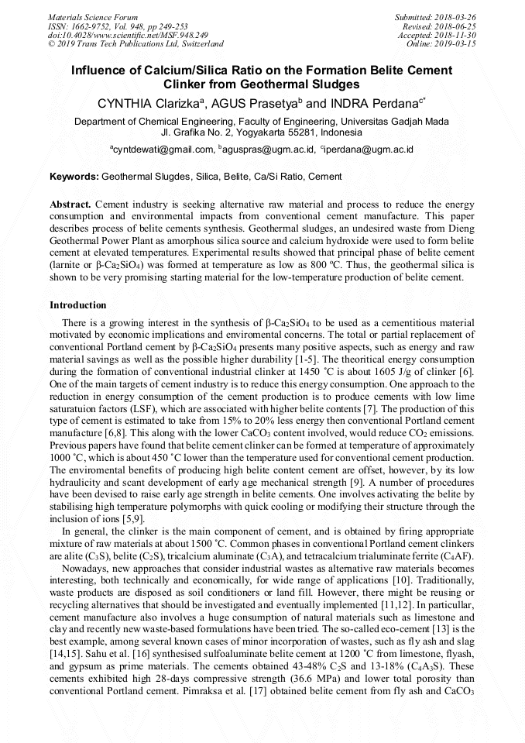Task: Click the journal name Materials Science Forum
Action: tap(93, 16)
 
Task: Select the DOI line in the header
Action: tap(128, 35)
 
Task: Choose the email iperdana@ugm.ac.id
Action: tap(369, 150)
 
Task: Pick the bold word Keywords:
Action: tap(74, 177)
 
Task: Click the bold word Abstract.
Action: tap(70, 203)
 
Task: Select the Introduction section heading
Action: tap(78, 305)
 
